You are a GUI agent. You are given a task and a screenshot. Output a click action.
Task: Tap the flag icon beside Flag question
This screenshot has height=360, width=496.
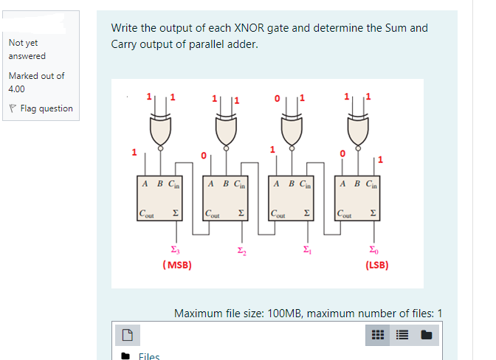[13, 108]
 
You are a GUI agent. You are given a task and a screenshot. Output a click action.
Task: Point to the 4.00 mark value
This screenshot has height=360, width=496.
[16, 89]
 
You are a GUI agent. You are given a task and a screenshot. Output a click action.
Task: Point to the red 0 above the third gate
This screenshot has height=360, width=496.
[276, 97]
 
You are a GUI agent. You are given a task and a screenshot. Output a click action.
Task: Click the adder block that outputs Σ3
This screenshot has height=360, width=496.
[160, 198]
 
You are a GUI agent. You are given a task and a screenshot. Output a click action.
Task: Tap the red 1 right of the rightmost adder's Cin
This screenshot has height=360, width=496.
[380, 158]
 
